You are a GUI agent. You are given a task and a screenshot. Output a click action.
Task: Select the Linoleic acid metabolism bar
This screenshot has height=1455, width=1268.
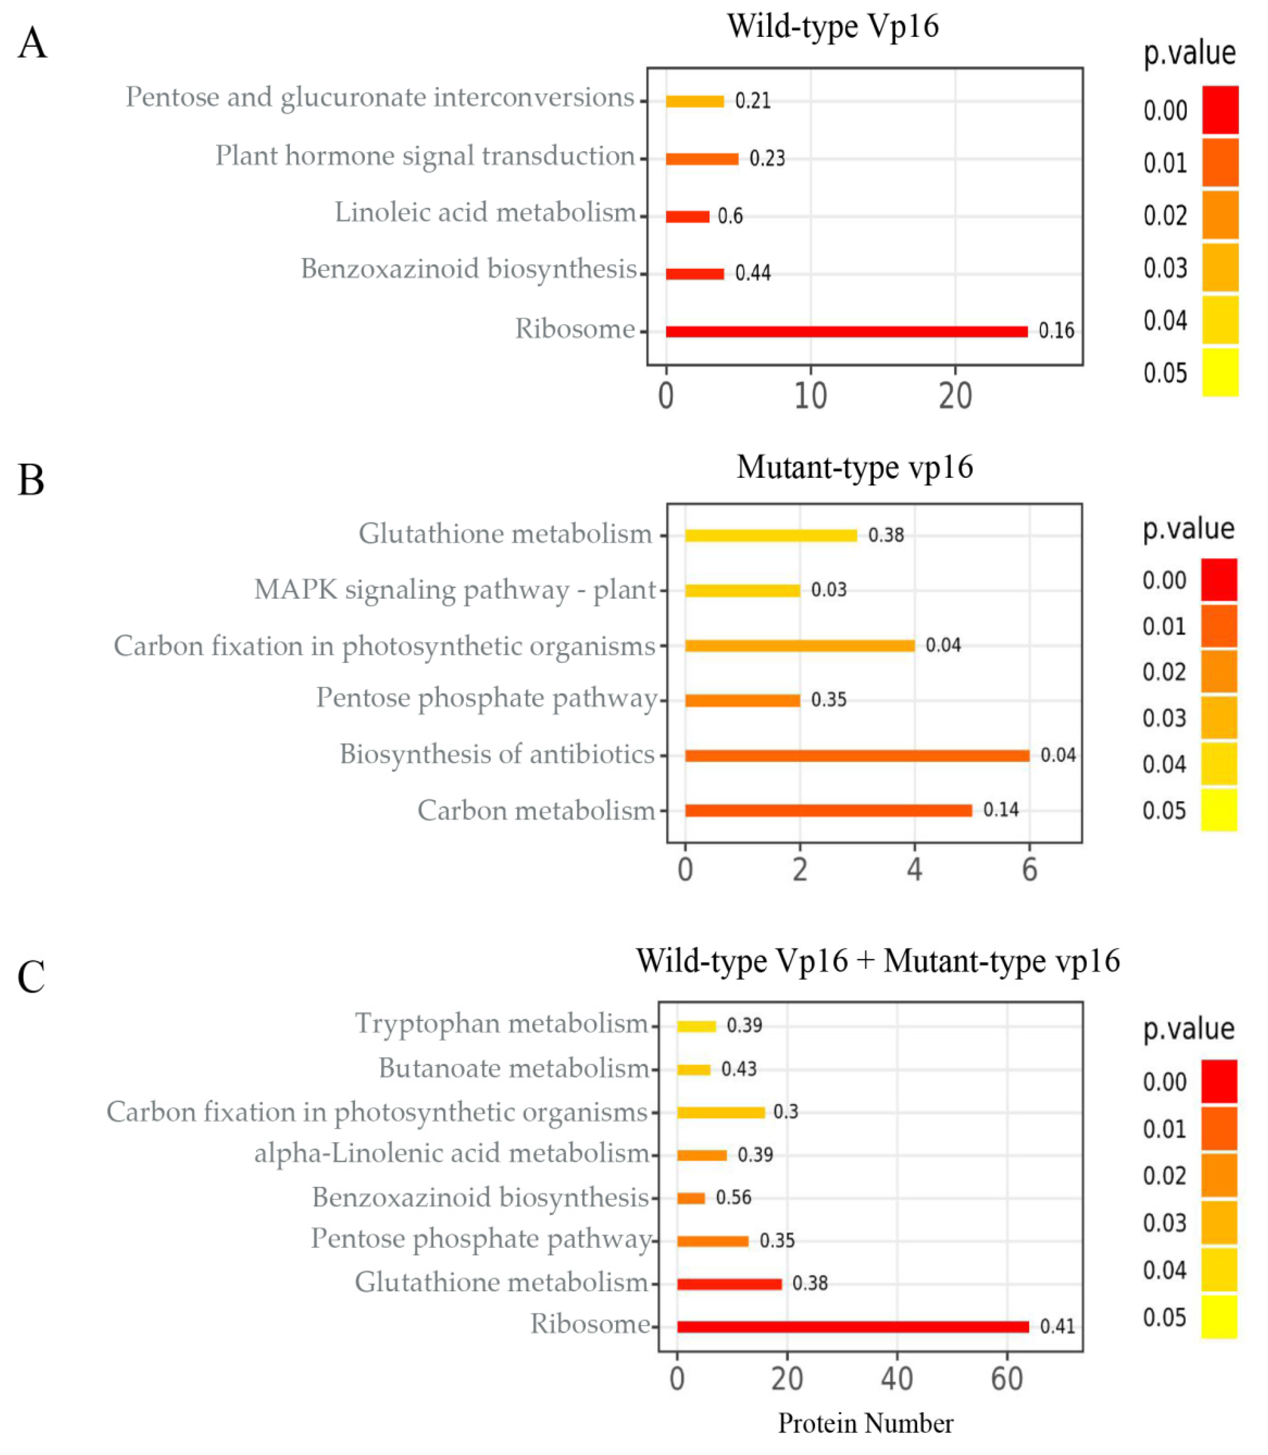[x=687, y=216]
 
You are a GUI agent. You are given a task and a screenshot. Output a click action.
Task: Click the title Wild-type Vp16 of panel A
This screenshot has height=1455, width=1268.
[x=833, y=27]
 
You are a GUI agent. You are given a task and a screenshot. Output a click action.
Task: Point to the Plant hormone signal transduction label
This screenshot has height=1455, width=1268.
[x=424, y=156]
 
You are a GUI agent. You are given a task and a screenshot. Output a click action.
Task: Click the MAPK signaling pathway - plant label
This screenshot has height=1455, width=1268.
[x=455, y=589]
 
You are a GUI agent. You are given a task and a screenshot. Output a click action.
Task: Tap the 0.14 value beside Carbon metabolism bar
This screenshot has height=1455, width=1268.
[x=1001, y=810]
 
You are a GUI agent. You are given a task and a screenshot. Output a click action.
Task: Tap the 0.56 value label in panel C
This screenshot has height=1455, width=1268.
[x=733, y=1197]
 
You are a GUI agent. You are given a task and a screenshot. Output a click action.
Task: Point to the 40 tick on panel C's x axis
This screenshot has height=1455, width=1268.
[x=897, y=1379]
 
